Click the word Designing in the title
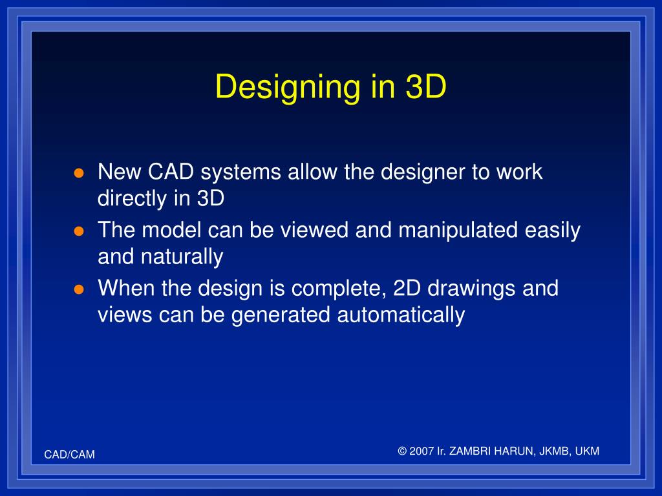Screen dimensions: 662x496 click(x=288, y=88)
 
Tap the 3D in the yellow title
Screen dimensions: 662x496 click(x=425, y=87)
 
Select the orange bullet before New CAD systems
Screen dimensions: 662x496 click(x=79, y=173)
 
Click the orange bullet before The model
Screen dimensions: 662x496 click(x=79, y=231)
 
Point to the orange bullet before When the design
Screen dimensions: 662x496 click(x=79, y=289)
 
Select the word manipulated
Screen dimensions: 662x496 click(x=458, y=231)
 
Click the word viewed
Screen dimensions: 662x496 click(x=315, y=231)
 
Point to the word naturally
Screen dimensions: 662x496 click(x=182, y=257)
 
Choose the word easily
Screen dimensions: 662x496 click(x=553, y=231)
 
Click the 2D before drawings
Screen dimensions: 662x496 click(x=407, y=289)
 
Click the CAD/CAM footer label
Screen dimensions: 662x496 click(x=70, y=455)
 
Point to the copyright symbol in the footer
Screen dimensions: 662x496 click(x=402, y=451)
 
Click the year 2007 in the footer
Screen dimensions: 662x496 click(x=422, y=451)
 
